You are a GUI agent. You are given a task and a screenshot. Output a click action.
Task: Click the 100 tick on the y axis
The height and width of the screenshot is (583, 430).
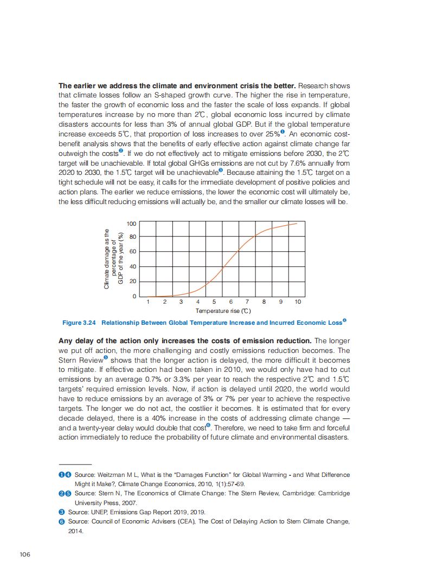[131, 224]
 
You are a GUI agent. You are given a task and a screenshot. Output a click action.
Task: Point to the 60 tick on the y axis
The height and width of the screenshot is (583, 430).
[132, 252]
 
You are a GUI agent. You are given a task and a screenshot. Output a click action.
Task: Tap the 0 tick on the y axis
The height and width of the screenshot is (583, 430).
[134, 296]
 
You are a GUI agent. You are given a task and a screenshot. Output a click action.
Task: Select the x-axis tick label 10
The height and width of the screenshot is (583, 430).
[298, 302]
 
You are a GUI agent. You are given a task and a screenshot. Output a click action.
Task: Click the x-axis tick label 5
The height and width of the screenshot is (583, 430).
[214, 302]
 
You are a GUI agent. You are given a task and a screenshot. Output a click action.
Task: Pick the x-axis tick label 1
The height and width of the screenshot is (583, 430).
[148, 302]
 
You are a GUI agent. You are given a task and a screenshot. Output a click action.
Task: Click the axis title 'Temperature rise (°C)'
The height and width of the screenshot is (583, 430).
[223, 311]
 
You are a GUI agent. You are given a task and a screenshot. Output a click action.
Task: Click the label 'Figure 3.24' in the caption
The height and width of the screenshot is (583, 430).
[79, 323]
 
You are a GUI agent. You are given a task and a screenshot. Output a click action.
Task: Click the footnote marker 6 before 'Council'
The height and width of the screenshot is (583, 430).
[61, 521]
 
